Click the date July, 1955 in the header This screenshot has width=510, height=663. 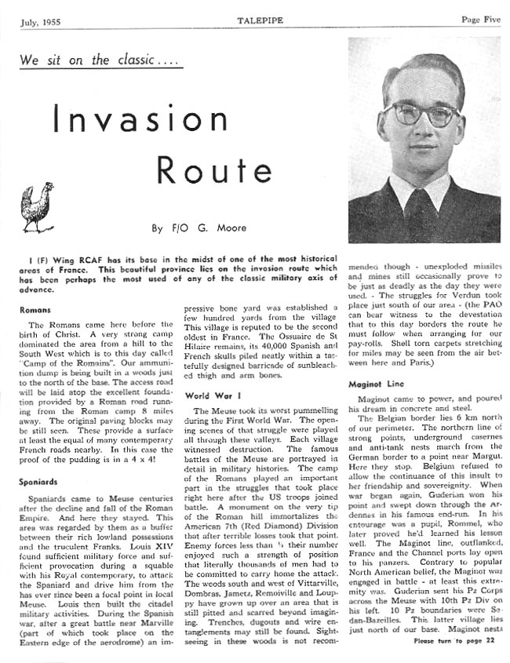39,18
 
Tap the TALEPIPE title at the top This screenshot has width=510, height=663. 259,17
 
